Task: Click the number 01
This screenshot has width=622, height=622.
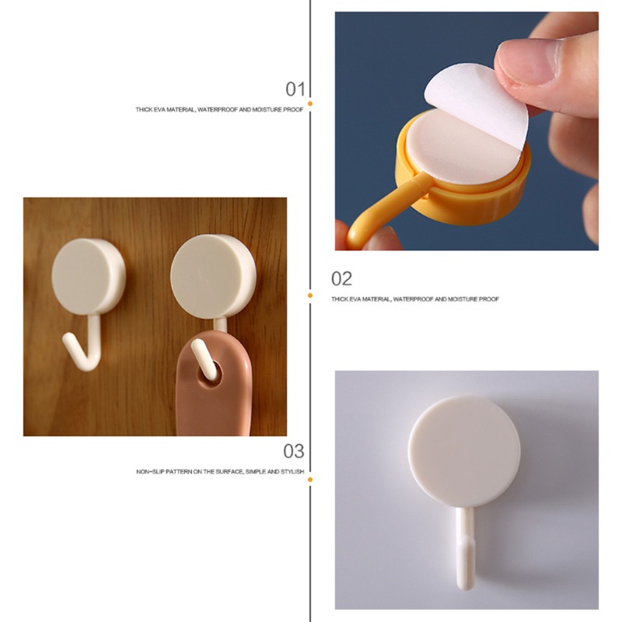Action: (295, 88)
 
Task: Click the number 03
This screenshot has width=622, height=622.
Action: (293, 451)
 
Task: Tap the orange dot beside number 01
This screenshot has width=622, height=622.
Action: (309, 103)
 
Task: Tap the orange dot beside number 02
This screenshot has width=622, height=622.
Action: (309, 295)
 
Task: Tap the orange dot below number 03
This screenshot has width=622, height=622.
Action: (309, 480)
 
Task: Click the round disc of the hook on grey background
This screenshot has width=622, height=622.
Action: (465, 450)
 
